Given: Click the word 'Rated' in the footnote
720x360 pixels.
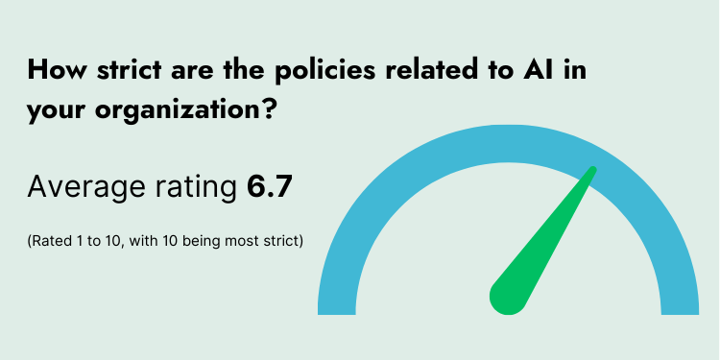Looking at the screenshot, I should click(x=49, y=240).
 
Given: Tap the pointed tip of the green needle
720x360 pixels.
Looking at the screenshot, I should click(x=593, y=171).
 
